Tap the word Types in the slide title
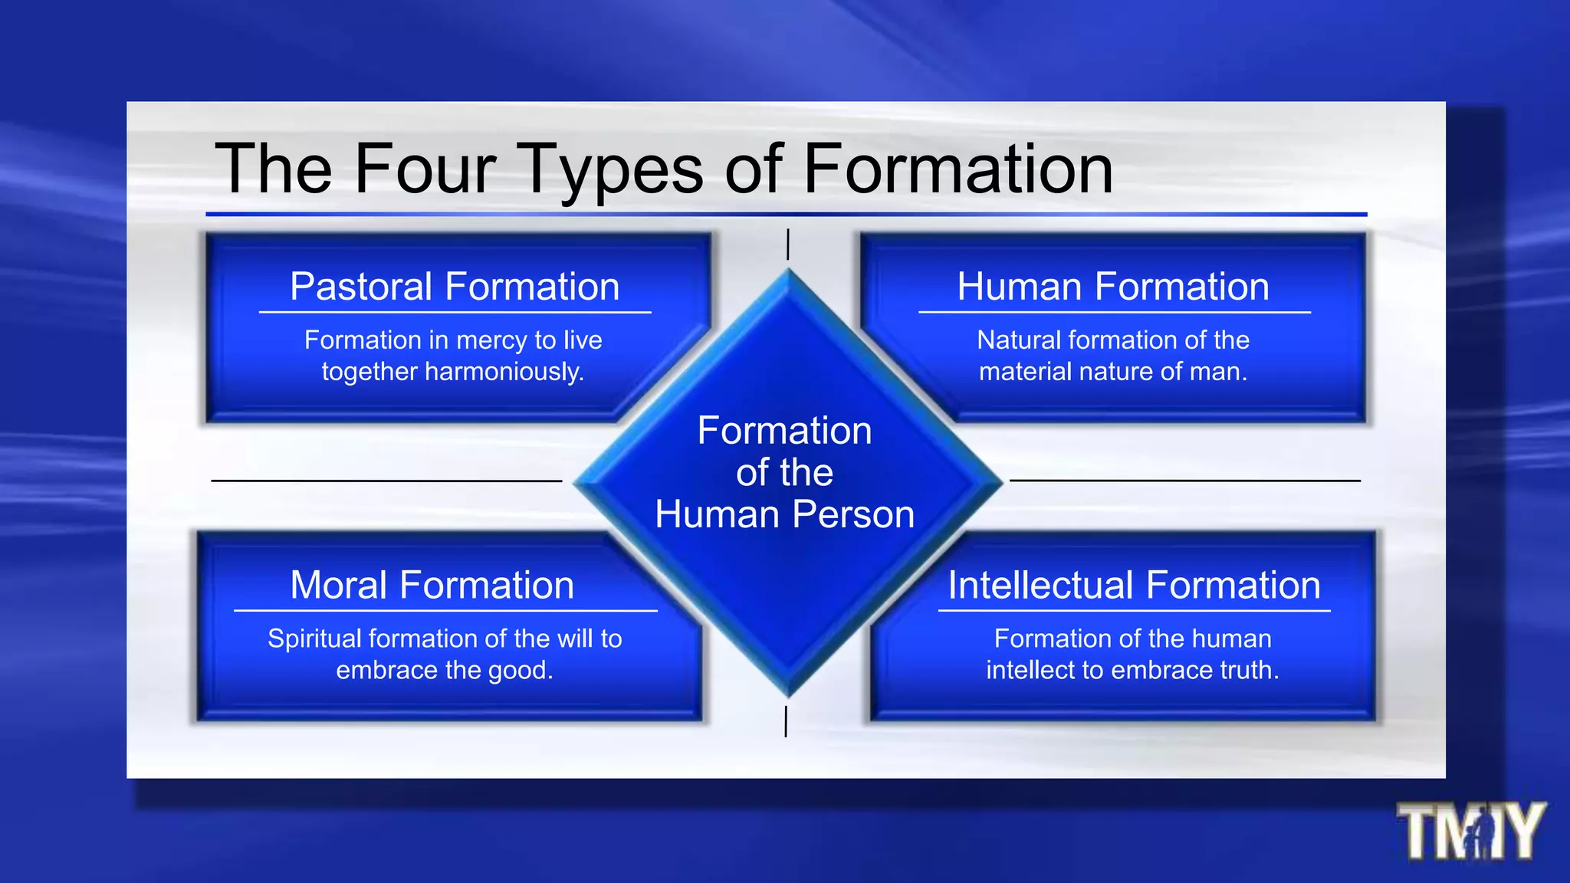point(611,170)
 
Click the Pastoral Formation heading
point(455,287)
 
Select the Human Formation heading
point(1113,287)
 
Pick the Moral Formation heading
point(432,585)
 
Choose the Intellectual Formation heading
point(1135,585)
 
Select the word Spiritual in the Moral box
point(314,638)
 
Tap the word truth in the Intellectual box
point(1249,671)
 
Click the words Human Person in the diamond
point(784,514)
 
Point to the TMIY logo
point(1470,831)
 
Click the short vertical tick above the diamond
point(788,245)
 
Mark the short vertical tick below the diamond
point(786,721)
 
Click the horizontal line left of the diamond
point(386,481)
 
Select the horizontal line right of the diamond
point(1185,481)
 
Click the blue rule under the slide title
point(786,215)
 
